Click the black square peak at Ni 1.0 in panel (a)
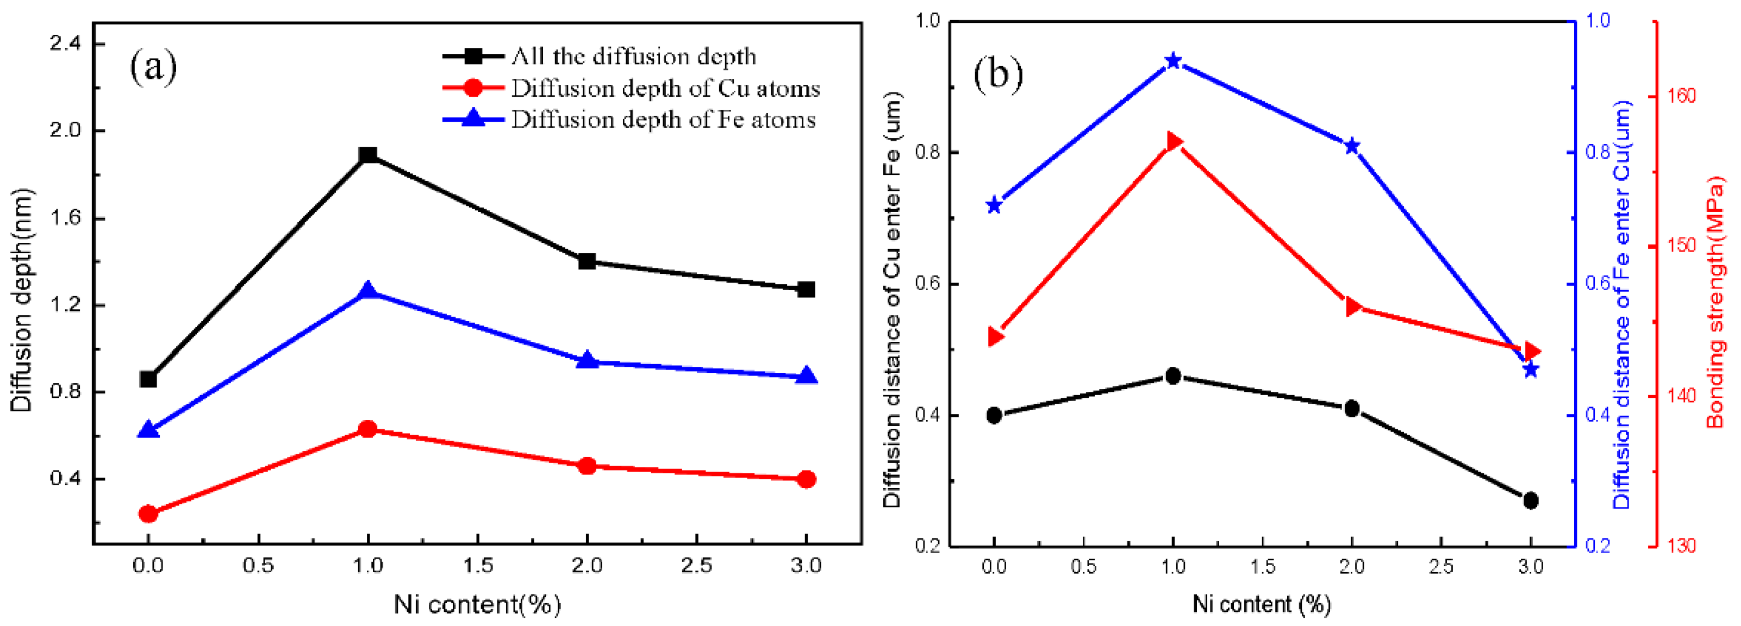coord(367,155)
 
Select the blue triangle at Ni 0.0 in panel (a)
coord(148,430)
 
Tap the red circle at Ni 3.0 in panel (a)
coord(806,479)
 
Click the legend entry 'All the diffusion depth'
coord(633,56)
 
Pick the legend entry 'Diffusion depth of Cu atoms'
coord(665,89)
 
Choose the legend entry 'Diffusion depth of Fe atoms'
coord(663,120)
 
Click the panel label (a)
coord(153,66)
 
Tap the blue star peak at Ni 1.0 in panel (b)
coord(1174,61)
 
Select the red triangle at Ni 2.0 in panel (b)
coord(1352,307)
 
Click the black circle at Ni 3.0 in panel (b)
coord(1531,500)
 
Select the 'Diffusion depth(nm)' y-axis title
coord(22,299)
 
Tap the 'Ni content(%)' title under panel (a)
coord(477,604)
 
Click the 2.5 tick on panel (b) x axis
coord(1441,566)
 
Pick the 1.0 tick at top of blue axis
coord(1599,21)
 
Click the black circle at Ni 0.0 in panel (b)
coord(994,415)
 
